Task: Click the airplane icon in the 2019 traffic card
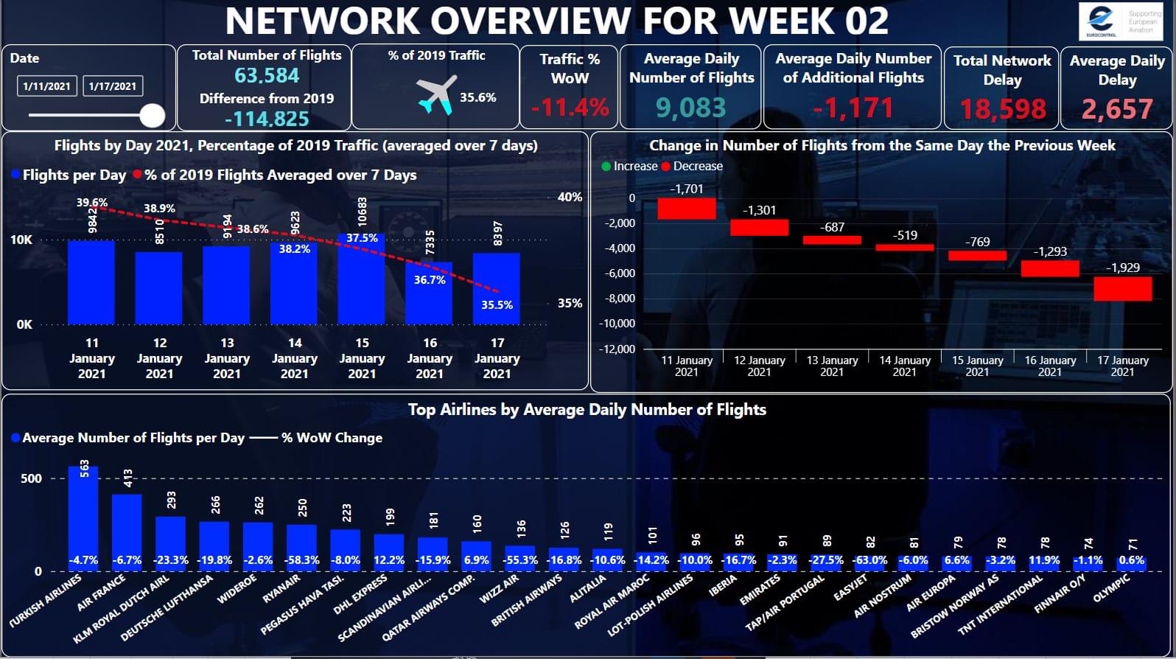click(x=436, y=96)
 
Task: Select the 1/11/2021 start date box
click(x=46, y=86)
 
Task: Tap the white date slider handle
click(x=153, y=115)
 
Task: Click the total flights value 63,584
click(x=267, y=75)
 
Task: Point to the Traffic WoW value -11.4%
click(x=570, y=108)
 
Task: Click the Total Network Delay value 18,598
click(x=1002, y=109)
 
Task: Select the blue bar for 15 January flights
click(x=362, y=280)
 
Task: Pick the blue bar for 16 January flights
click(x=430, y=295)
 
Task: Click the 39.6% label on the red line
click(x=92, y=202)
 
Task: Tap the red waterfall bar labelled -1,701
click(x=687, y=209)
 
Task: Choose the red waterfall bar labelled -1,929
click(x=1122, y=288)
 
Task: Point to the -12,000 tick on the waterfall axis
click(x=617, y=349)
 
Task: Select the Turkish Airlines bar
click(x=83, y=516)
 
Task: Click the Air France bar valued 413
click(x=127, y=531)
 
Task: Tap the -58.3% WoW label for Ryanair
click(x=302, y=560)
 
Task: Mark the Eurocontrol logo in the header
click(x=1101, y=21)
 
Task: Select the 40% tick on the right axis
click(x=570, y=197)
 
